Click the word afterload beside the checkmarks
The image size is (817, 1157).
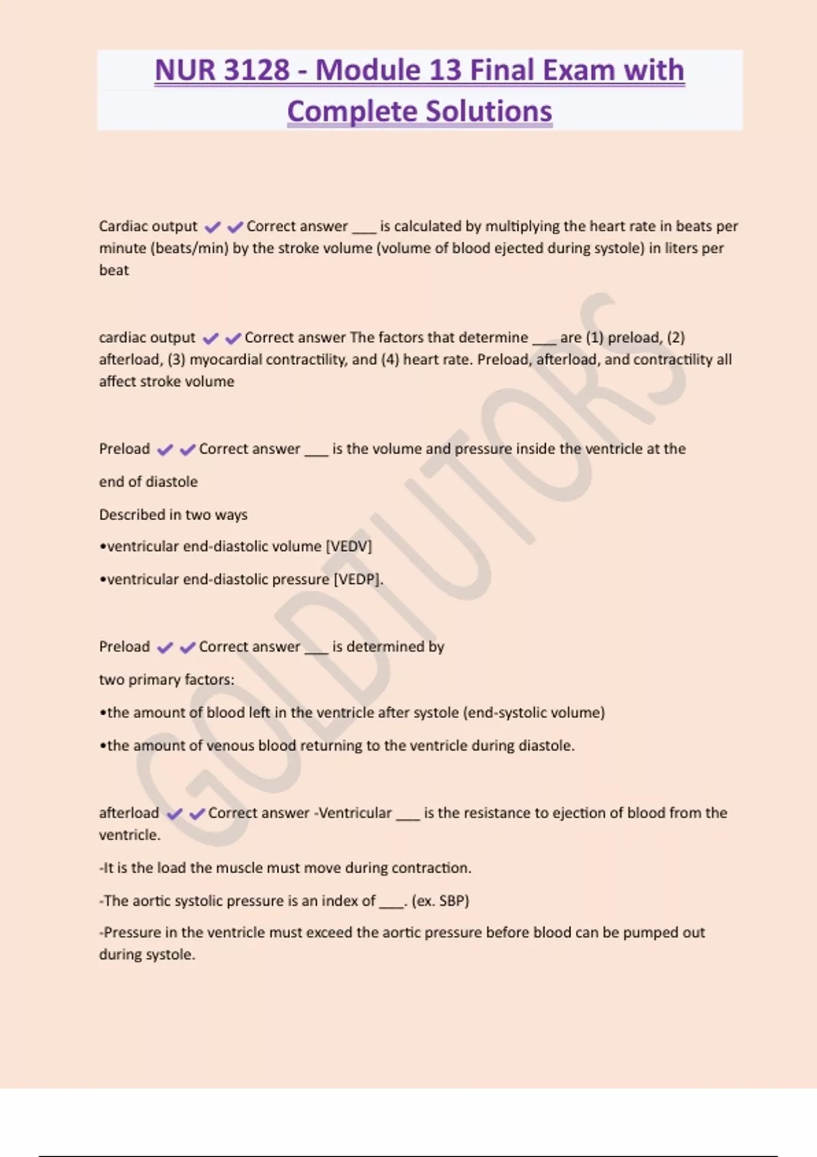[129, 813]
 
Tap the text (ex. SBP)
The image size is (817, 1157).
[440, 900]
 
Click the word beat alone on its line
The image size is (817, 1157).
[114, 270]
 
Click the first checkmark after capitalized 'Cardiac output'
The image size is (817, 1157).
[212, 227]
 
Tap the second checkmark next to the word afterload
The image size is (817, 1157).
[197, 813]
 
